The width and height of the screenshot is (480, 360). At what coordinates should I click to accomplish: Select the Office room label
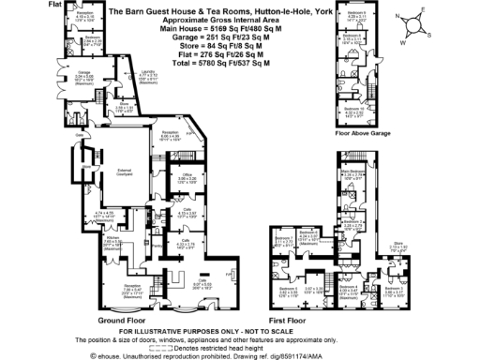[x=187, y=176]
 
